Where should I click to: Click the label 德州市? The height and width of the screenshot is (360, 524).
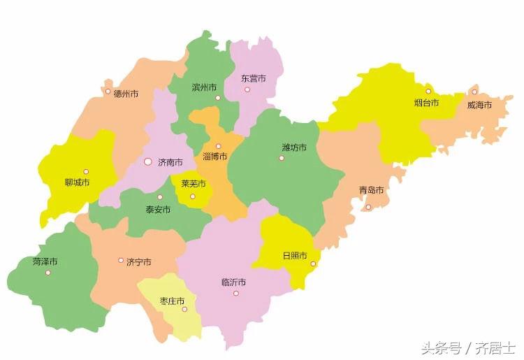(126, 94)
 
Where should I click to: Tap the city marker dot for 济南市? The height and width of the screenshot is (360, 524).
(147, 161)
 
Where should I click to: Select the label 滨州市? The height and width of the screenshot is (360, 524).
(204, 88)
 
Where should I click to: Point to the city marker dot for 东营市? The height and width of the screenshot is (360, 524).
(247, 89)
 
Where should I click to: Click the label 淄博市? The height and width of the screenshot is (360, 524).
(214, 157)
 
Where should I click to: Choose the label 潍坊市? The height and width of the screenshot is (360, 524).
(294, 147)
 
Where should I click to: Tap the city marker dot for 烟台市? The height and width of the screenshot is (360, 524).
(428, 91)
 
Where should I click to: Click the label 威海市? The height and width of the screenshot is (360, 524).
(479, 105)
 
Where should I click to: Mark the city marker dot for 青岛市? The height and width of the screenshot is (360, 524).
(368, 207)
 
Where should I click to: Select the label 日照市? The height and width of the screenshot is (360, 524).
(294, 256)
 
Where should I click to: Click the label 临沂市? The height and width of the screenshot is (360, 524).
(233, 282)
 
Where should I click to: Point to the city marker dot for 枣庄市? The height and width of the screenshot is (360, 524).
(185, 309)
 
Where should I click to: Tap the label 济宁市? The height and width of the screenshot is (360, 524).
(138, 262)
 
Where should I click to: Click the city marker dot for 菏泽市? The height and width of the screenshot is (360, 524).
(48, 273)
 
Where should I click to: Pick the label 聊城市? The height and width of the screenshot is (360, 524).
(77, 183)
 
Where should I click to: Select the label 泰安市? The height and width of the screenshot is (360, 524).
(158, 209)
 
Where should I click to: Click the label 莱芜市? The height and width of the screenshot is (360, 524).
(194, 184)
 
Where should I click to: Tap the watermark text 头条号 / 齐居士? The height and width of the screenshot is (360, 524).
(467, 347)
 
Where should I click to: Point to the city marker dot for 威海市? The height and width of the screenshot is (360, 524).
(474, 92)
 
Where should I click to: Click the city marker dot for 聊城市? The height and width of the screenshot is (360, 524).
(86, 171)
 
